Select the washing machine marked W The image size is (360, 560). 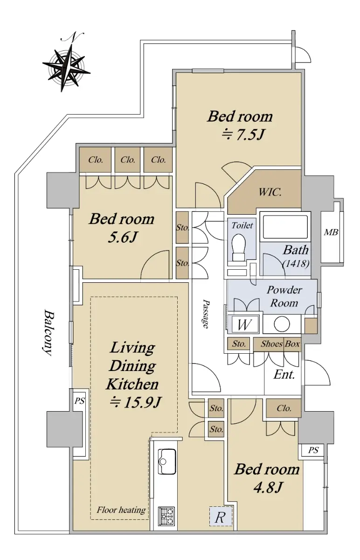pyautogui.click(x=243, y=324)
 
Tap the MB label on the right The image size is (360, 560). pyautogui.click(x=331, y=232)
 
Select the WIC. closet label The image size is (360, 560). pyautogui.click(x=270, y=192)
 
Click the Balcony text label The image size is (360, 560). pyautogui.click(x=48, y=332)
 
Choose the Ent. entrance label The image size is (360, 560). pyautogui.click(x=284, y=374)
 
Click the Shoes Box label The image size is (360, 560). pyautogui.click(x=280, y=344)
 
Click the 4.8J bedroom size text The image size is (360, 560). pyautogui.click(x=268, y=487)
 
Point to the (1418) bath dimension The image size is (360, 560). pyautogui.click(x=296, y=264)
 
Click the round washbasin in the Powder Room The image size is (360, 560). pyautogui.click(x=282, y=324)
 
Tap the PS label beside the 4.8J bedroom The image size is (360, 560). pyautogui.click(x=313, y=450)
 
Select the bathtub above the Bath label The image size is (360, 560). pyautogui.click(x=285, y=226)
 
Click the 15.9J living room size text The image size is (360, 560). pyautogui.click(x=135, y=402)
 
